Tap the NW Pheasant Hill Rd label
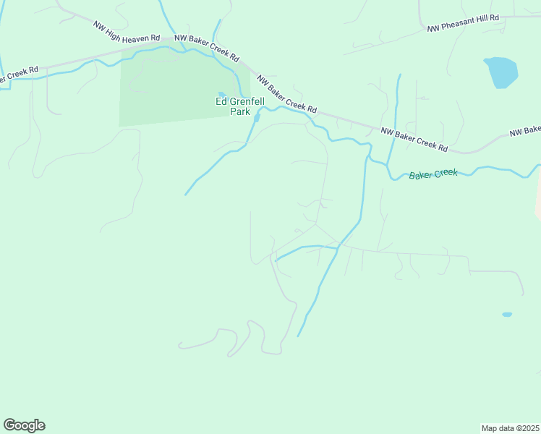463,23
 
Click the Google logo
24,425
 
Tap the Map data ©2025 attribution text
510,428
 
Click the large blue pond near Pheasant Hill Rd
501,72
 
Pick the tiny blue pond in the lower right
507,315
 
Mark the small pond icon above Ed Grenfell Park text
221,93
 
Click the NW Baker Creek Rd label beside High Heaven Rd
208,47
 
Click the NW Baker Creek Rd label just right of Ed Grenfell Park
286,94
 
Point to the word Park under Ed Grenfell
240,112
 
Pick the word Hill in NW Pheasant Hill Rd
487,19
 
